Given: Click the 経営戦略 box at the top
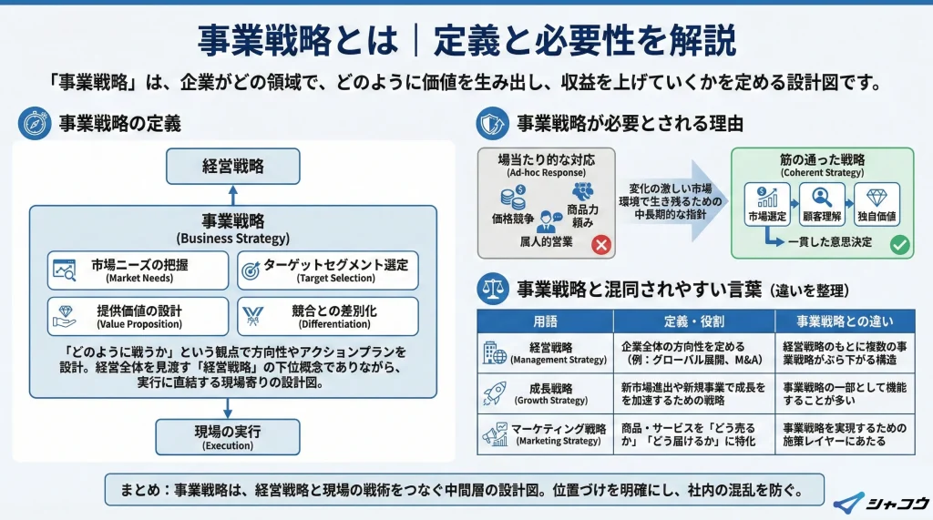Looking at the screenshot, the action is (232, 167).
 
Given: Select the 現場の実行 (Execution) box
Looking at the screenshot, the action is (227, 436).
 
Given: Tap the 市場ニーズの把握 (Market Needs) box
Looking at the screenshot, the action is (138, 270).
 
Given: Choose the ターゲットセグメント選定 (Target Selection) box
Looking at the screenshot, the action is (327, 270).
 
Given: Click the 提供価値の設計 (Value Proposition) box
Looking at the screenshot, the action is (138, 316).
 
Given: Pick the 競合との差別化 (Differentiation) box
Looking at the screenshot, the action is (327, 316).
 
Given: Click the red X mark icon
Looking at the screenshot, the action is (600, 244).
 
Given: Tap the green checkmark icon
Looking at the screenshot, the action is (898, 244).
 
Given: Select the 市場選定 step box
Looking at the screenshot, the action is (766, 205).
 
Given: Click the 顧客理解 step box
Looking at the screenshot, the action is (824, 205).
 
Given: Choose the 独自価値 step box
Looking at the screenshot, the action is (877, 205).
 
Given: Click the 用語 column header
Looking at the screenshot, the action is (546, 321).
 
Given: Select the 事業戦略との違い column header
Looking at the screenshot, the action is (845, 321).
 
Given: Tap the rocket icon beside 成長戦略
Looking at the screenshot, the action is (496, 393).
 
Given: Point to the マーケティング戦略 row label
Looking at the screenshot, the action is (558, 434).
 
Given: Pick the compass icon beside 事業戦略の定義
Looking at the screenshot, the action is (34, 123).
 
